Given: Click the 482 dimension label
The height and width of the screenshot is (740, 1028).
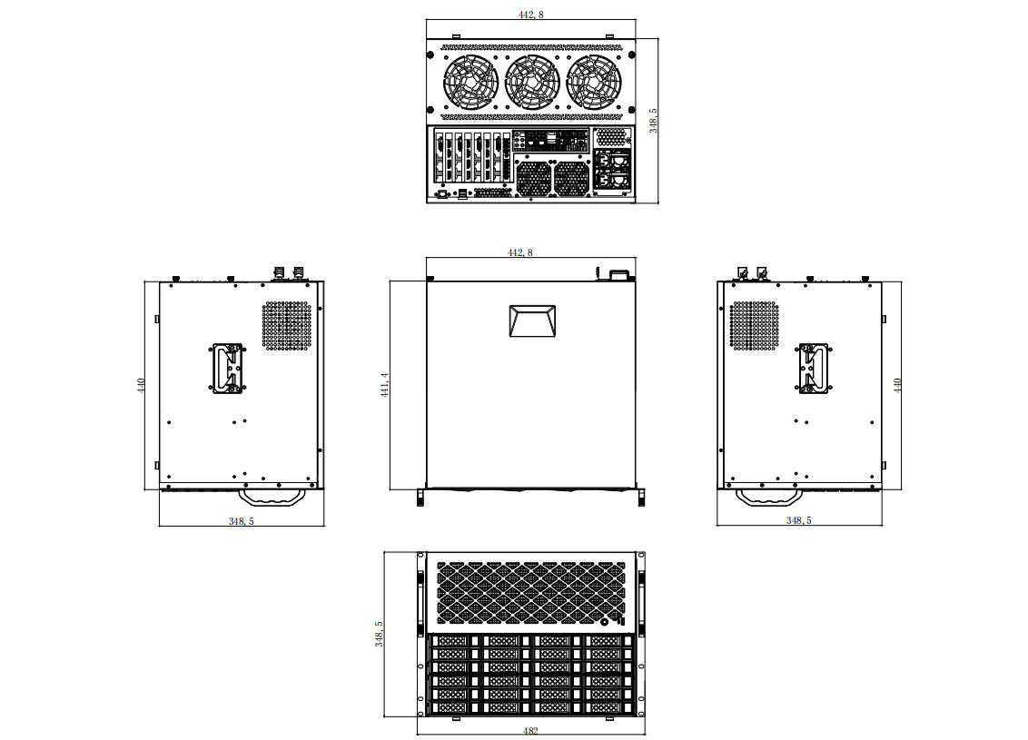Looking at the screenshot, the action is tap(530, 730).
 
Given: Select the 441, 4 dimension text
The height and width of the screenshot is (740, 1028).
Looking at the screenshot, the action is tap(385, 385).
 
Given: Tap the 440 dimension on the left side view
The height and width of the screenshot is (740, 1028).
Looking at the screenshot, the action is tap(141, 385).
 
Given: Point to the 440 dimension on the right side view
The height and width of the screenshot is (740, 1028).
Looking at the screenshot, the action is tap(897, 385).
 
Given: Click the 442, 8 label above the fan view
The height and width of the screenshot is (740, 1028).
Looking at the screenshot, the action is tap(531, 15).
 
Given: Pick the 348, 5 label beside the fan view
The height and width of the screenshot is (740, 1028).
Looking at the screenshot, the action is tap(653, 121).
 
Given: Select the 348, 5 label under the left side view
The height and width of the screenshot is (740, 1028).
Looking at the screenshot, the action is tap(242, 521).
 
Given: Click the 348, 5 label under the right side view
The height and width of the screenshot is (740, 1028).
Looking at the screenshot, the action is tap(798, 519).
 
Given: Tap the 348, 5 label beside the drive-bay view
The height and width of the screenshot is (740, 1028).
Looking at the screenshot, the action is tap(379, 634).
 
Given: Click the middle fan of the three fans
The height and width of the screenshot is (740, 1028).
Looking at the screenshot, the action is tap(532, 82).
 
